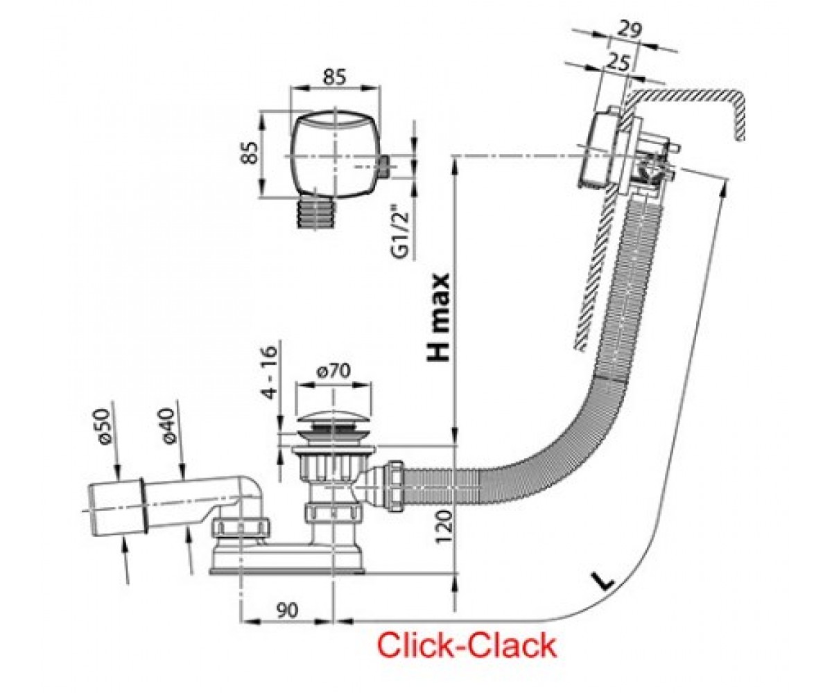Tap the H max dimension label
[438, 317]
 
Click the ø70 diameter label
[334, 371]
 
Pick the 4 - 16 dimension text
[270, 372]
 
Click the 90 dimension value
[286, 610]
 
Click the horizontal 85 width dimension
[334, 77]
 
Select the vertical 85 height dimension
[250, 153]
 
